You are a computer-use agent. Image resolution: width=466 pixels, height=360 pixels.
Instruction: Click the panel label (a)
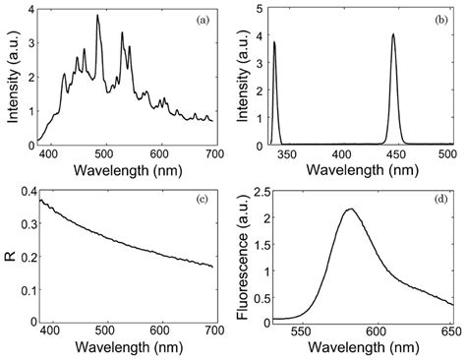(200, 19)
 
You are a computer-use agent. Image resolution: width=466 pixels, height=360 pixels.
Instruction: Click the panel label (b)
(436, 19)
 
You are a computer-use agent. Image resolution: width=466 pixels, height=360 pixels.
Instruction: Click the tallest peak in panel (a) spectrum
(97, 17)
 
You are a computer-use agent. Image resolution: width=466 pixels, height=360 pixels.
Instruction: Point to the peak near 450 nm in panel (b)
(393, 35)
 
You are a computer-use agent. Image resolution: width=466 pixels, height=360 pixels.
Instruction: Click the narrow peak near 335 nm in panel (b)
(274, 42)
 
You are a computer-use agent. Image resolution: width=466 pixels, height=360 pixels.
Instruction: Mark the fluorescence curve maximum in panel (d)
(351, 209)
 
